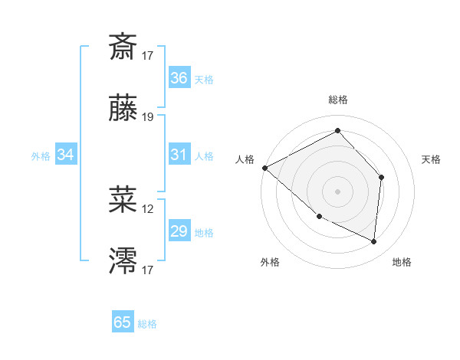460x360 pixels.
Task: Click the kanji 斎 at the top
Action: coord(123,47)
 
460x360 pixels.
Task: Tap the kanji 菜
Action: coord(123,199)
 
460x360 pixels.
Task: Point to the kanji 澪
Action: coord(123,261)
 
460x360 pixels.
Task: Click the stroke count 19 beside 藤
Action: coord(148,117)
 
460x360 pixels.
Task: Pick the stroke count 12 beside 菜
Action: coord(148,208)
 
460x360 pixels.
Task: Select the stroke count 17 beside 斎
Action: coord(148,55)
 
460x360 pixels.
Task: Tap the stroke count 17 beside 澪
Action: coord(148,270)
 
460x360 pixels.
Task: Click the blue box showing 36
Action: coord(179,78)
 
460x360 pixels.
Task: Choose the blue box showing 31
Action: coord(179,155)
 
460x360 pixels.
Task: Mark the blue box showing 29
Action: coord(179,231)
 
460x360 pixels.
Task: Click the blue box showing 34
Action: coord(66,155)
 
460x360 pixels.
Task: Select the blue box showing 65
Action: coord(123,322)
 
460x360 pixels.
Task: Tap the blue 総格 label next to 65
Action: coord(147,324)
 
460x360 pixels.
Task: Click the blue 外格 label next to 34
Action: coord(41,155)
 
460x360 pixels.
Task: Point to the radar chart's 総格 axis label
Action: coord(337,100)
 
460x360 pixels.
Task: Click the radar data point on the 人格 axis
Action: coord(264,168)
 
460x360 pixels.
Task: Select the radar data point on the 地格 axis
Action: coord(373,241)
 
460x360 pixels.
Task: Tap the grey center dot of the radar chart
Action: coord(337,191)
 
